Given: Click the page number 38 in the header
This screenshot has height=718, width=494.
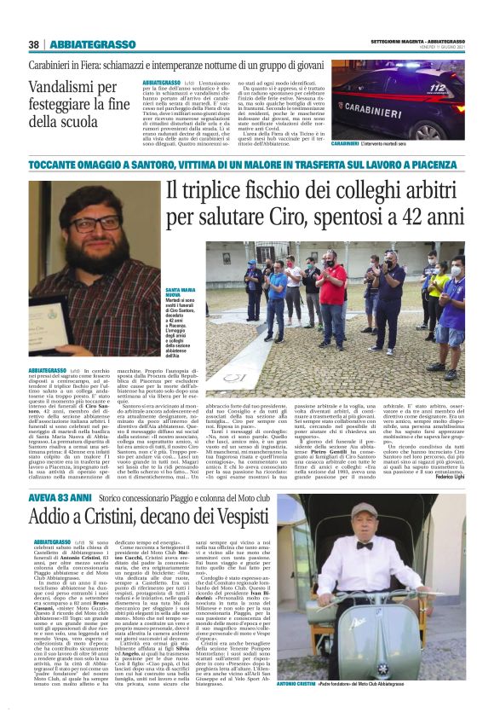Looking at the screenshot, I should (x=34, y=43).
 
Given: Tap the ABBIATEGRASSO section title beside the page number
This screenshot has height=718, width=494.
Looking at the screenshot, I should (x=90, y=43).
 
